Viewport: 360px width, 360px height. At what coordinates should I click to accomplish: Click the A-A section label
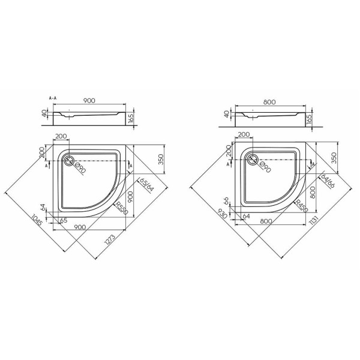53,98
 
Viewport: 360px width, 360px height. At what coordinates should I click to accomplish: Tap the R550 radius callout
122,208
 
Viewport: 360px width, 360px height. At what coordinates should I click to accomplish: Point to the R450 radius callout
301,206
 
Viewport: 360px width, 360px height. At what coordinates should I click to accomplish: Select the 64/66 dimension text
328,181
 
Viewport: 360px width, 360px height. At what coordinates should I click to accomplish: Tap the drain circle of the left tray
68,160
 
